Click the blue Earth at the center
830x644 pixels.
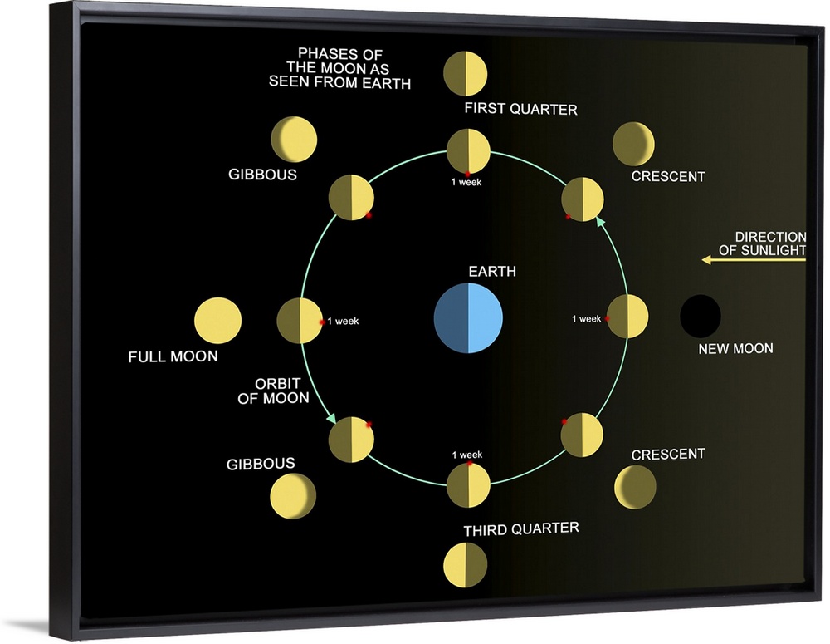point(469,318)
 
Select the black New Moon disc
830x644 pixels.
point(701,317)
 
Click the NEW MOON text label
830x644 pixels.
point(735,349)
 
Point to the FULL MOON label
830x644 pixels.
point(173,356)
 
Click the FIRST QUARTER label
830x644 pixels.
point(520,109)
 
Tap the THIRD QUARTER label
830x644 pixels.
point(520,528)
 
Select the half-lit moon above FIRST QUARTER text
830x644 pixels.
point(465,73)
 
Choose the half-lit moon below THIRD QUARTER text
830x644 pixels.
point(465,565)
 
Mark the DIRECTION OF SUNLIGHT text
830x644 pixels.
point(769,243)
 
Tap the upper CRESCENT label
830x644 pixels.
point(668,177)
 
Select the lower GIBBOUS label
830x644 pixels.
point(261,464)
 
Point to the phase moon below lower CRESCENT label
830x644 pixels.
point(636,487)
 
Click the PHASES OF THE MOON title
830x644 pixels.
point(339,69)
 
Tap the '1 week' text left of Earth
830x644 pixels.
point(343,321)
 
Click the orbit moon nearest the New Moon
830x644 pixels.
point(627,317)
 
